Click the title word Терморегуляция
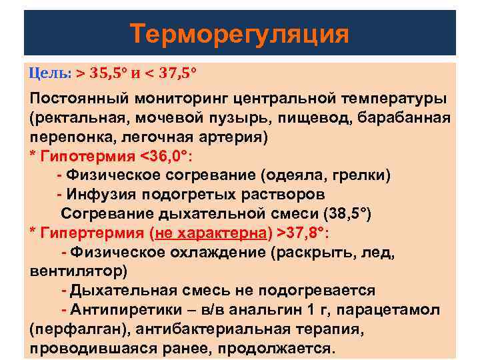click(x=239, y=33)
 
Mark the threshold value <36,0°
click(x=165, y=156)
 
